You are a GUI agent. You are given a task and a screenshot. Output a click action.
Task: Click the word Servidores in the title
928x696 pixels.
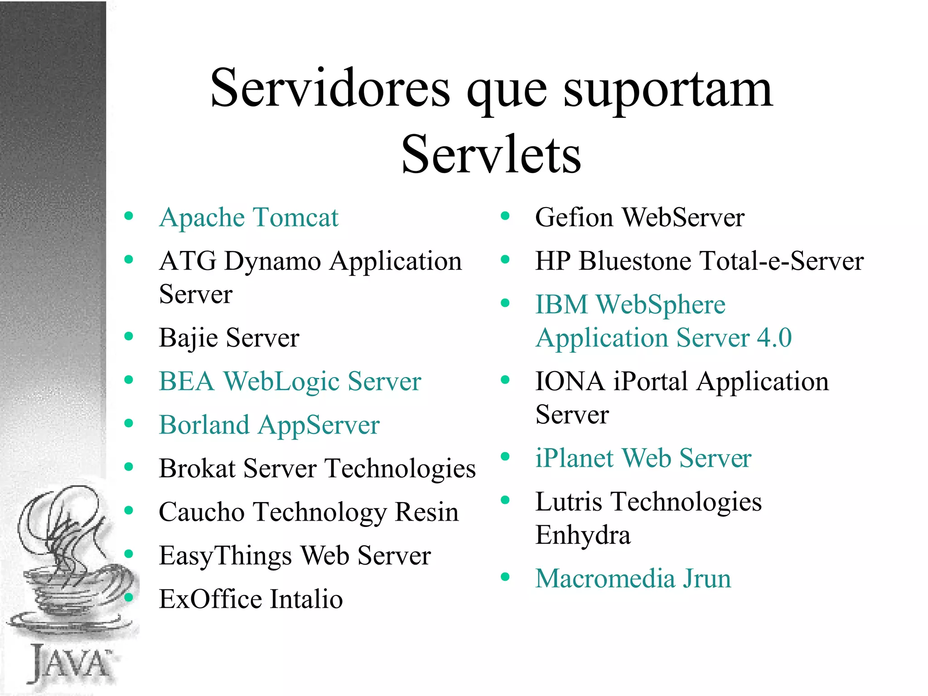(330, 88)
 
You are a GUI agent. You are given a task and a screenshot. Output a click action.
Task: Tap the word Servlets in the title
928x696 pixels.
(491, 155)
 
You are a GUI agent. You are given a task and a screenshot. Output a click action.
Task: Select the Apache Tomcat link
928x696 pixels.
(249, 217)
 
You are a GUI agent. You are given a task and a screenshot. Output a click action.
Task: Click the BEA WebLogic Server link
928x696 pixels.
(290, 382)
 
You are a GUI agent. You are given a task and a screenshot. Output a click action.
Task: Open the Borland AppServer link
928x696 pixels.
(269, 425)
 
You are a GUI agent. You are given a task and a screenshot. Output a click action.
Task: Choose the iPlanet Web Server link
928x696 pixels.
(643, 458)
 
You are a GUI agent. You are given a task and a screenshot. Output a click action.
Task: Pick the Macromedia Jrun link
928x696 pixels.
(633, 579)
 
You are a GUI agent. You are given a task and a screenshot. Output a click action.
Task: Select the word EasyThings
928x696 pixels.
(225, 556)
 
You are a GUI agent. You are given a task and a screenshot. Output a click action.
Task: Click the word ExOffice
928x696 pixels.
(211, 599)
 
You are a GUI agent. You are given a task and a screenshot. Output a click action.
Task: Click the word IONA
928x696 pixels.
(570, 382)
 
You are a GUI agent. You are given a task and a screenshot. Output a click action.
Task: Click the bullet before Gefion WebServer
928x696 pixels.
(505, 216)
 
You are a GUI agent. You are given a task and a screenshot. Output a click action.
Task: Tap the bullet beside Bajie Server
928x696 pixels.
(129, 336)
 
